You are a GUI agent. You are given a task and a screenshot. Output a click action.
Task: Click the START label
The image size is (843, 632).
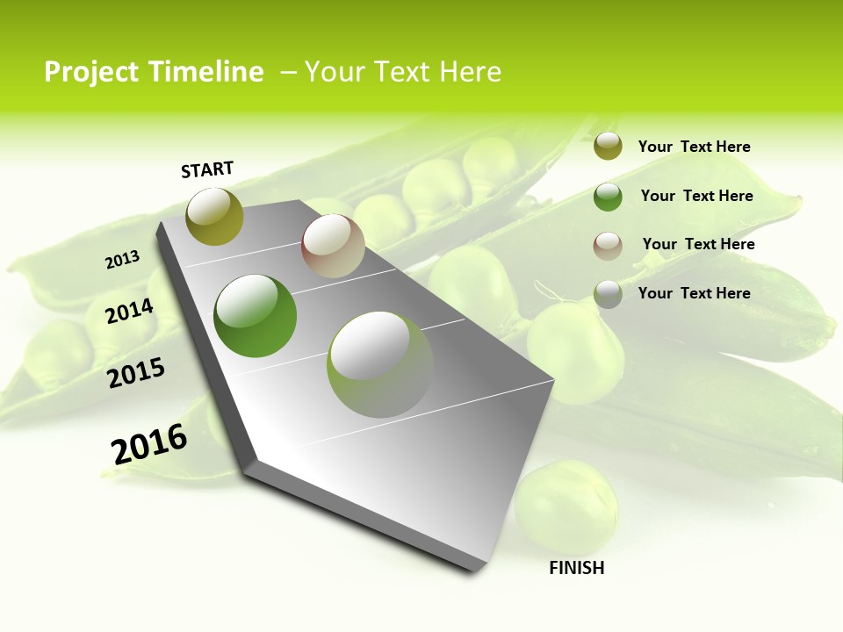point(207,169)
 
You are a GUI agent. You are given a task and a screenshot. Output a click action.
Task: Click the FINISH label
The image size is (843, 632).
point(576,568)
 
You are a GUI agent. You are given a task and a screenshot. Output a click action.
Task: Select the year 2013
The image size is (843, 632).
point(123,260)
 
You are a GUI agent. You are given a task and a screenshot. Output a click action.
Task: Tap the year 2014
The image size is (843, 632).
point(130,311)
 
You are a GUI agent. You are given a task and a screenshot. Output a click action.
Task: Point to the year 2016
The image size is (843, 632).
point(149,444)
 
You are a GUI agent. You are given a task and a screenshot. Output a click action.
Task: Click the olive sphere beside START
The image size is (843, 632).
point(214,217)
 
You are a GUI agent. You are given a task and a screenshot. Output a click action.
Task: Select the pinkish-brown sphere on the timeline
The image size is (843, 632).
point(333,246)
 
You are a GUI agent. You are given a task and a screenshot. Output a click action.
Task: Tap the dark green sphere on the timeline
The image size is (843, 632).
point(256,316)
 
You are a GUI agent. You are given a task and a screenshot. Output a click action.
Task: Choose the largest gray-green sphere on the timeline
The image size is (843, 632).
point(380,364)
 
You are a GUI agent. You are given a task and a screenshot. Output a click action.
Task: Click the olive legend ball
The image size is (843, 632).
point(608,147)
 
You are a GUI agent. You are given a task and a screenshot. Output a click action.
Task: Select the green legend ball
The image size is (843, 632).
point(608,197)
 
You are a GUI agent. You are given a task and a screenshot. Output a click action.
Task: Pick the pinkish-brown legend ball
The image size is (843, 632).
point(608,246)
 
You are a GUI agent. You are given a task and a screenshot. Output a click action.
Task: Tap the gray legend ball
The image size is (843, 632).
point(608,294)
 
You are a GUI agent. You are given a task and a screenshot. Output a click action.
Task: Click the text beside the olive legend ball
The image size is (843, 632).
point(694,147)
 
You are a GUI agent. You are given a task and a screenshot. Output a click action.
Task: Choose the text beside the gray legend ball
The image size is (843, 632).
point(694,293)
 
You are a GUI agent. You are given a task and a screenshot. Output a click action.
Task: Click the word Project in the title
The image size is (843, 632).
point(90,72)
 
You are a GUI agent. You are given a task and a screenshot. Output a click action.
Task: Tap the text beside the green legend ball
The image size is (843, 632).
point(696,196)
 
